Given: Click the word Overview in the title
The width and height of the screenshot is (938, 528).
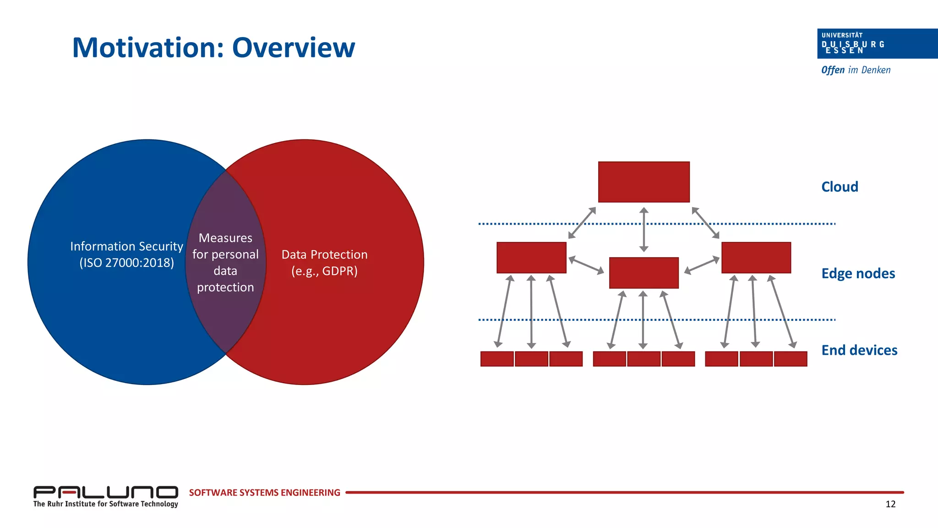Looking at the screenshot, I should [x=293, y=48].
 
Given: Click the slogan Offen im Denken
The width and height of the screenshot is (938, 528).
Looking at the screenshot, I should [x=856, y=70].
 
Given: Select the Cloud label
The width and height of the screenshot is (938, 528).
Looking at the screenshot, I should [x=839, y=187].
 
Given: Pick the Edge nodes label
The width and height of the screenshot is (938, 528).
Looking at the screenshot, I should [x=858, y=274].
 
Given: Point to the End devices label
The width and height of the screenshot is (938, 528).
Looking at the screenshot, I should [x=859, y=350].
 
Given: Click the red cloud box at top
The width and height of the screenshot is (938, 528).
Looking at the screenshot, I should [x=644, y=182].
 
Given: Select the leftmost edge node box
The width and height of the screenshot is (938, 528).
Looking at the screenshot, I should [x=531, y=258].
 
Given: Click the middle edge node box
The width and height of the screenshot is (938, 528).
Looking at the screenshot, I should [x=644, y=273].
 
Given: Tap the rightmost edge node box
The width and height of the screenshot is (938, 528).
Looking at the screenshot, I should [x=756, y=258].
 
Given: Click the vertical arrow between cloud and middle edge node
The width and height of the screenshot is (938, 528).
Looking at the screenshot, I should [x=644, y=230].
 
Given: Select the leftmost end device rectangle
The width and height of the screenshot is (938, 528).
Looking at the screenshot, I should [x=496, y=359].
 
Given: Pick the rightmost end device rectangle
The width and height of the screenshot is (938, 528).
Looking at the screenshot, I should [x=791, y=359].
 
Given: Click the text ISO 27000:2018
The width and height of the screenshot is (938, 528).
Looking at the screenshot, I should [x=127, y=263].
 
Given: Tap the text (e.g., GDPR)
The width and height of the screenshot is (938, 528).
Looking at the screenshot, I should [x=324, y=271].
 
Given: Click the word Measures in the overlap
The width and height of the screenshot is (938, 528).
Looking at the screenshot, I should [x=225, y=238].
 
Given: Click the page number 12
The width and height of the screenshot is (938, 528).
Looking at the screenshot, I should [x=890, y=504].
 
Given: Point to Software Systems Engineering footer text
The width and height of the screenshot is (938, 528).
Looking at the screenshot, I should [x=264, y=493].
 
